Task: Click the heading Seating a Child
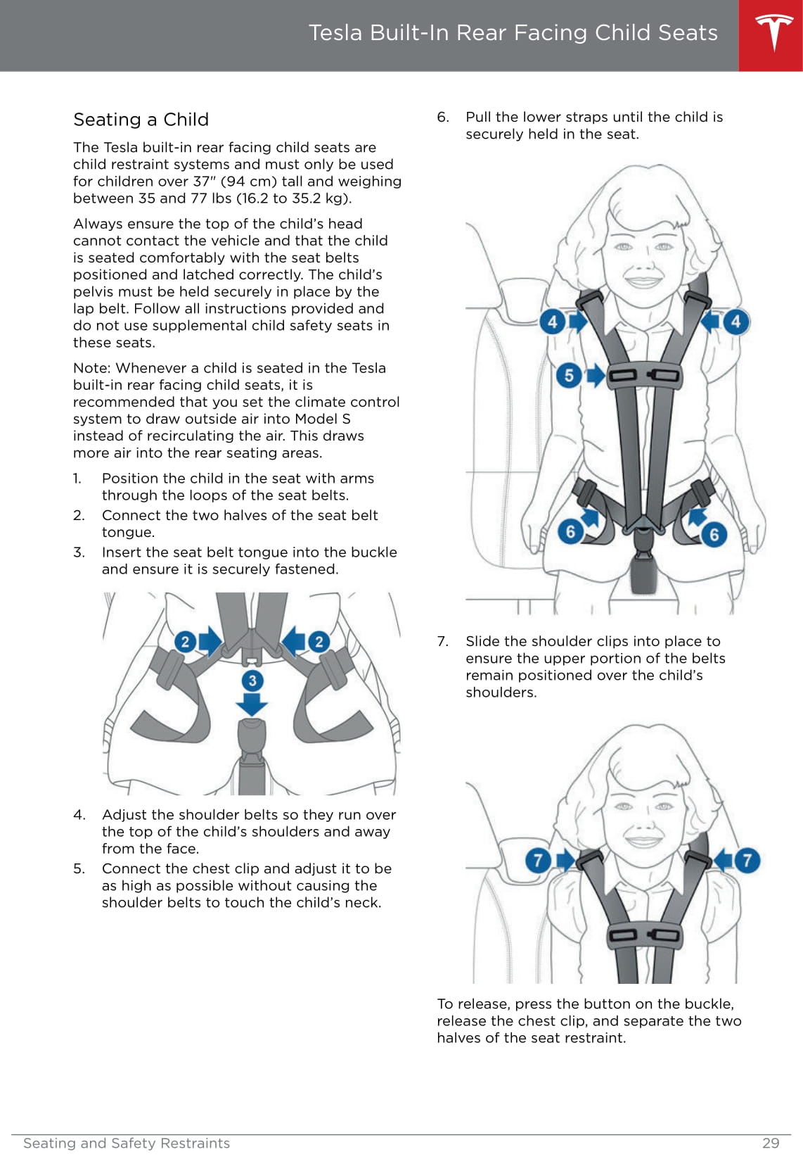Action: coord(141,120)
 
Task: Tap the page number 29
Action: coord(771,1143)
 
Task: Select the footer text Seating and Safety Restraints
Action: coord(127,1143)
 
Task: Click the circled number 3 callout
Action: coord(252,680)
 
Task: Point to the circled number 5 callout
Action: coord(569,375)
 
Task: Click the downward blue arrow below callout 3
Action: coord(252,704)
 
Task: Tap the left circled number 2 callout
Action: coord(185,641)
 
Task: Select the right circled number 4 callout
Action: coord(735,322)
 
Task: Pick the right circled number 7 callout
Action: coord(747,859)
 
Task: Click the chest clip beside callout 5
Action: coord(644,375)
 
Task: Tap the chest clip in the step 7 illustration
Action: coord(644,936)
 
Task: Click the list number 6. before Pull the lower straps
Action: coord(443,117)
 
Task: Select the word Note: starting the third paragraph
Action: coord(92,368)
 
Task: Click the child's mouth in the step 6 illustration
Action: coord(643,281)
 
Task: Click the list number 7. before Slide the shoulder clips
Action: coord(443,641)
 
